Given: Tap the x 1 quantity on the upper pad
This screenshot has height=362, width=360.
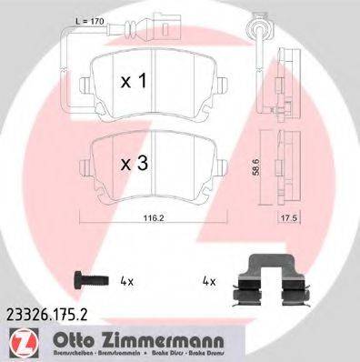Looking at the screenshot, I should click(x=135, y=81).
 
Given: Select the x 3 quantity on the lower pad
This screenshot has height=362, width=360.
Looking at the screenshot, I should click(x=135, y=166).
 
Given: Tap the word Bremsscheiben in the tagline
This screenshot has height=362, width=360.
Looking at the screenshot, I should click(x=53, y=351).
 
